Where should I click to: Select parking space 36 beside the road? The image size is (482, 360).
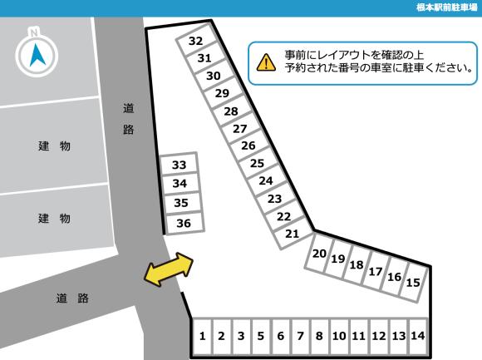(x=184, y=223)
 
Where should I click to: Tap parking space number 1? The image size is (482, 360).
(x=202, y=337)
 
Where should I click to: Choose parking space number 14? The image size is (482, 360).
(x=417, y=337)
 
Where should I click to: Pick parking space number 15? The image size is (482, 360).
(x=413, y=283)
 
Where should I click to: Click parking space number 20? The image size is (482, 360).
(x=319, y=254)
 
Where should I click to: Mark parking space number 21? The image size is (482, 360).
(x=292, y=234)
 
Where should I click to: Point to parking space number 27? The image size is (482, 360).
(x=240, y=129)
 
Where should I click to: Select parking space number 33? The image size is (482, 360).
(x=180, y=165)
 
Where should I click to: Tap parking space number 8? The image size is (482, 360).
(x=319, y=337)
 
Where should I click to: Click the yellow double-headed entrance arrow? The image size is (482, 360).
(x=169, y=270)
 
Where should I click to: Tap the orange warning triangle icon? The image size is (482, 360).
(x=266, y=62)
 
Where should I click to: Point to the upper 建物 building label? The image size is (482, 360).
(x=54, y=147)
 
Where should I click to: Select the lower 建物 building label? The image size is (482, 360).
(x=54, y=219)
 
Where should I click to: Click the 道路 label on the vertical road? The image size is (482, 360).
(x=128, y=118)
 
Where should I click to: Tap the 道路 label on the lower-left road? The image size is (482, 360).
(x=72, y=298)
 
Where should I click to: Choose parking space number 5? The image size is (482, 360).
(x=260, y=337)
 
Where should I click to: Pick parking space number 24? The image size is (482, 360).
(x=266, y=180)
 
